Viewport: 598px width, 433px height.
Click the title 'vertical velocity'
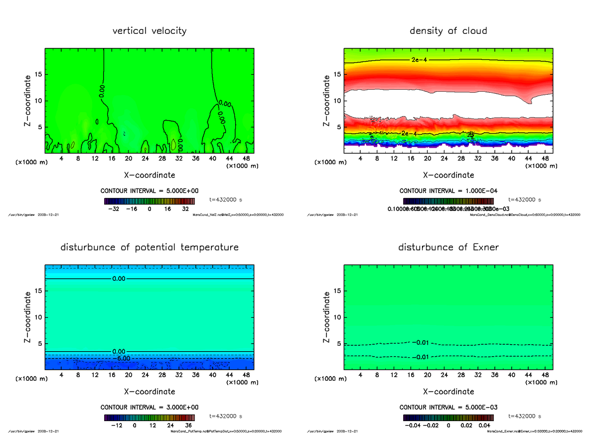point(149,31)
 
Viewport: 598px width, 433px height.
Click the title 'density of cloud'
point(448,31)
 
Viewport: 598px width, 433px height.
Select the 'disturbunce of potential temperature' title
point(149,247)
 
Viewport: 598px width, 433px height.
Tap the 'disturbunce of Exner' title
point(448,247)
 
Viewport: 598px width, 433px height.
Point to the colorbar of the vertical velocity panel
point(149,201)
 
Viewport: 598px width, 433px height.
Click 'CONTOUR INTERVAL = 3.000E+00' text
point(149,407)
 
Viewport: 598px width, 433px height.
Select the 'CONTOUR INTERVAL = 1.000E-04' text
point(448,191)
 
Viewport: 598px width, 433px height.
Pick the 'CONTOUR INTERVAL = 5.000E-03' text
point(448,407)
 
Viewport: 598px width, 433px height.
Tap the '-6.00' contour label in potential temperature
point(121,358)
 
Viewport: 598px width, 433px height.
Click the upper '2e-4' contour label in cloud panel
point(419,60)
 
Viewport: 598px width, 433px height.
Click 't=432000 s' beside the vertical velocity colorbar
point(226,200)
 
